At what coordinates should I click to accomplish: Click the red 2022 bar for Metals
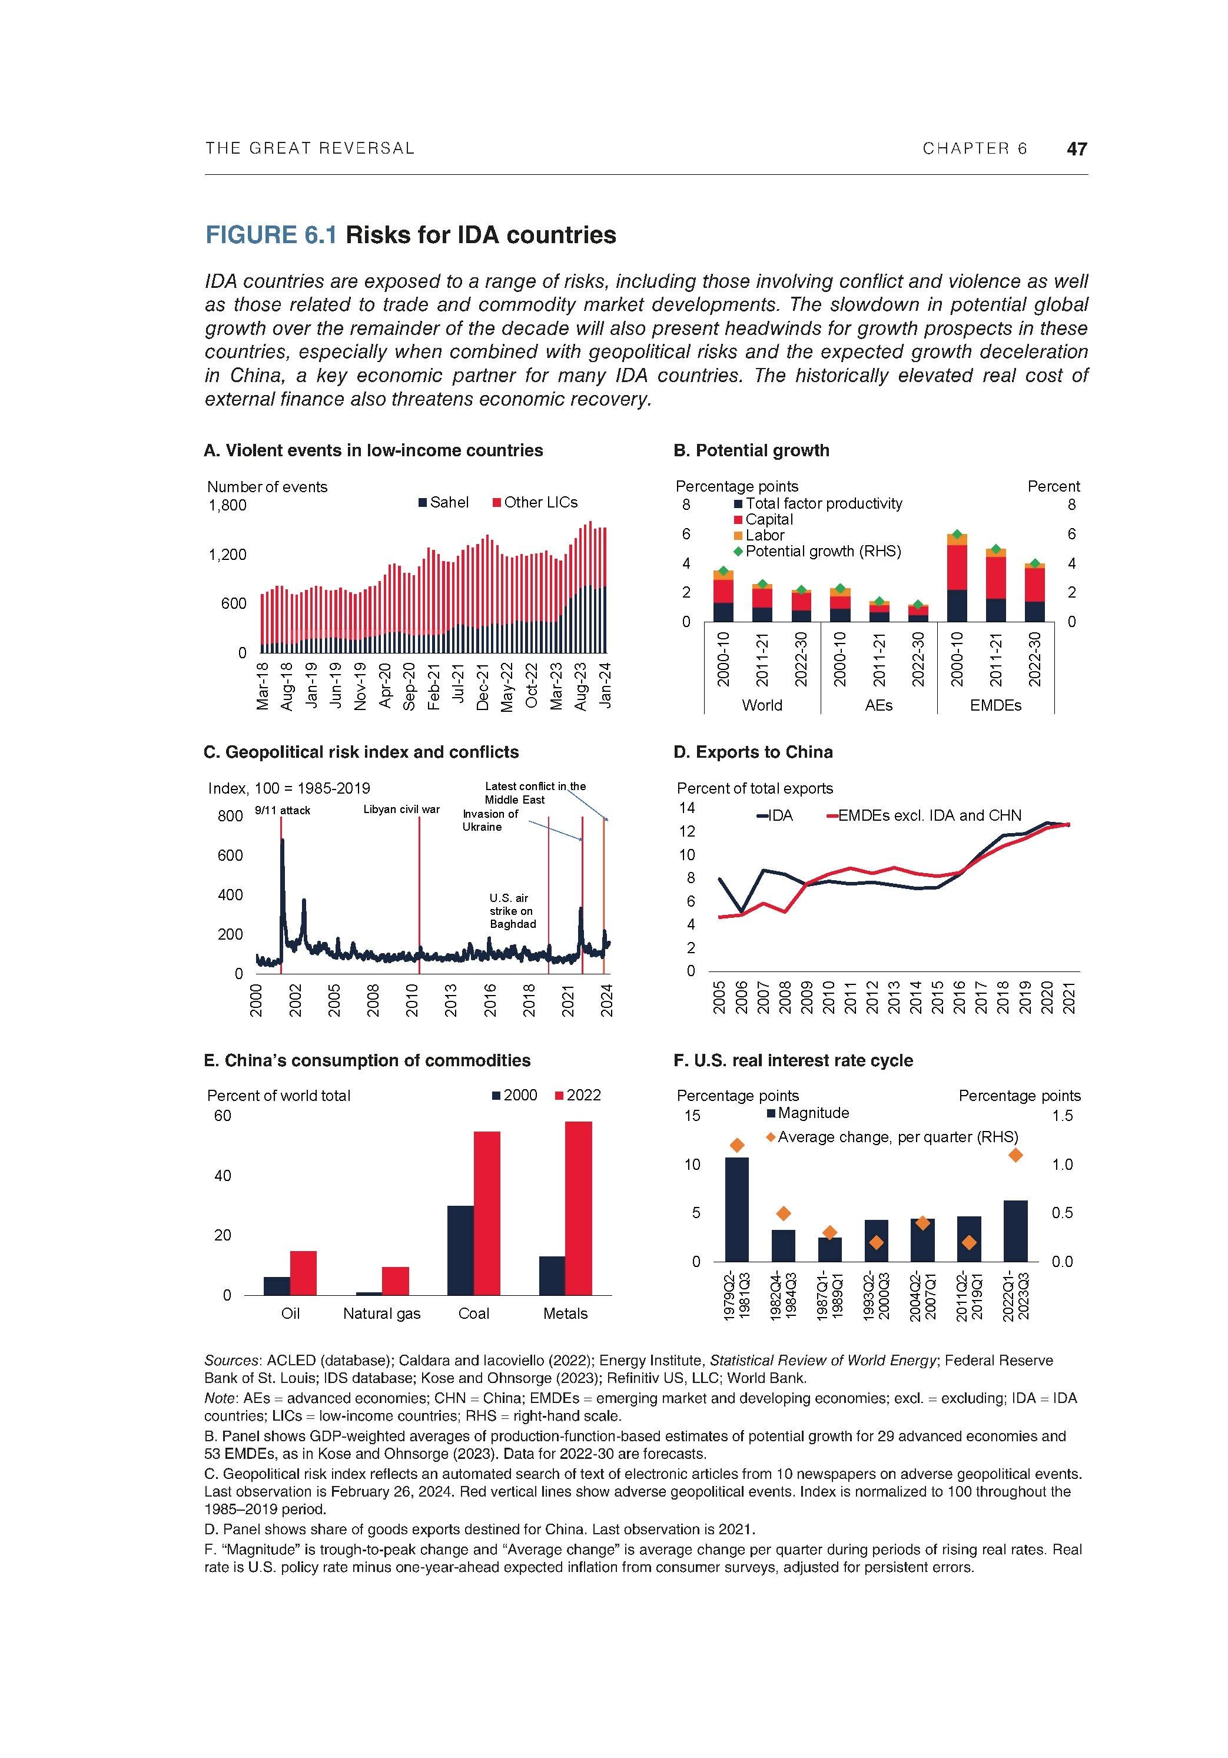(578, 1208)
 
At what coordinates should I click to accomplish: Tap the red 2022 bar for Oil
(303, 1272)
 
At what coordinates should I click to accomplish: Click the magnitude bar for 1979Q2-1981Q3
(736, 1209)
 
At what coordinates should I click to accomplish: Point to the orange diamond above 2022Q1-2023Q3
(1015, 1155)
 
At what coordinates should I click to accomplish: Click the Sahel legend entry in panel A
(443, 502)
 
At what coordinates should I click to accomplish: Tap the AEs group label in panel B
(878, 705)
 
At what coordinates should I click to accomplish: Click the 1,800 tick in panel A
(227, 505)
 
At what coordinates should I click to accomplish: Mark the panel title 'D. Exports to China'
(752, 752)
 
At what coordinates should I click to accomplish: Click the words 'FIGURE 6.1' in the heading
(270, 234)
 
